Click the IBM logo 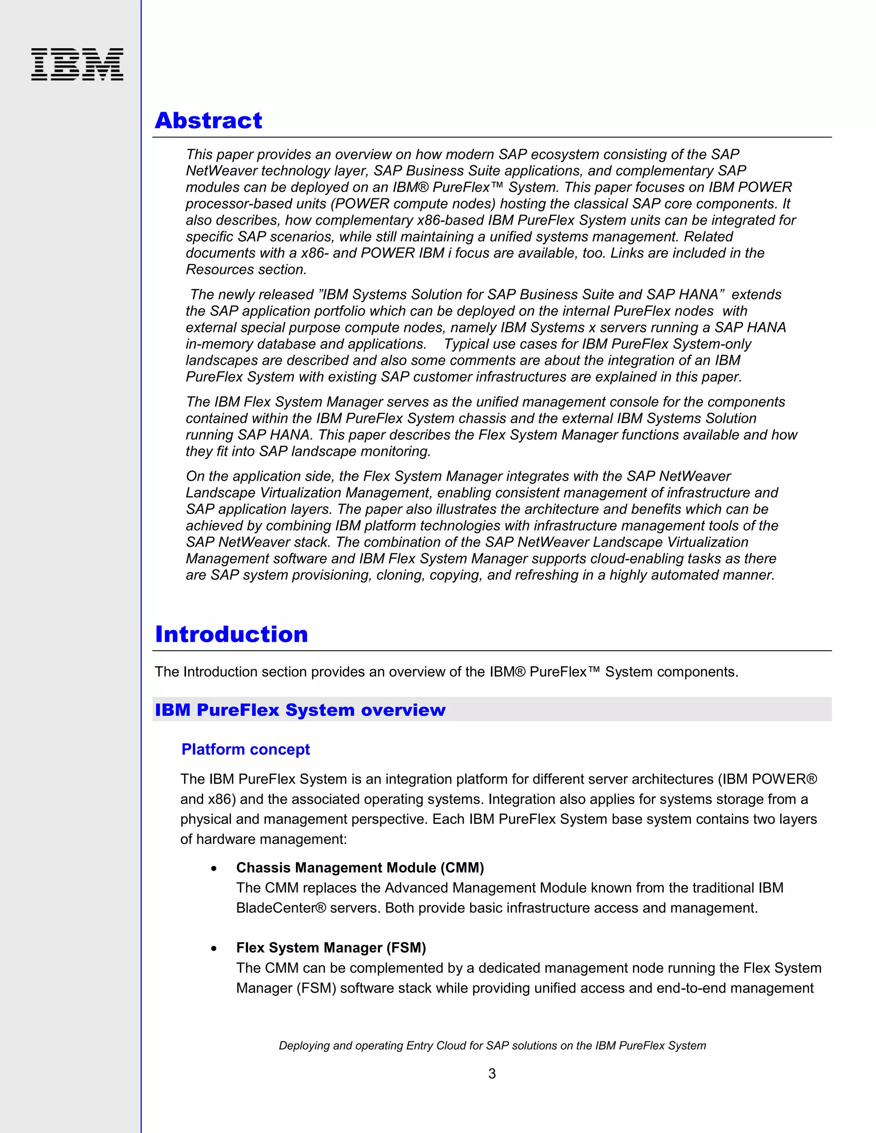[x=77, y=64]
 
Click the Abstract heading [x=209, y=121]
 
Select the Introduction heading [x=231, y=634]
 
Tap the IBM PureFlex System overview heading [x=300, y=710]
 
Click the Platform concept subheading [x=246, y=749]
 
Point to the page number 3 [x=492, y=1073]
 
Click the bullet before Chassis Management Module [x=214, y=868]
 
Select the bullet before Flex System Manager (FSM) [x=214, y=948]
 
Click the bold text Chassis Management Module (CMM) [x=360, y=868]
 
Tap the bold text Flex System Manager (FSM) [x=331, y=948]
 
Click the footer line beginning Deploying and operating [x=492, y=1045]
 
